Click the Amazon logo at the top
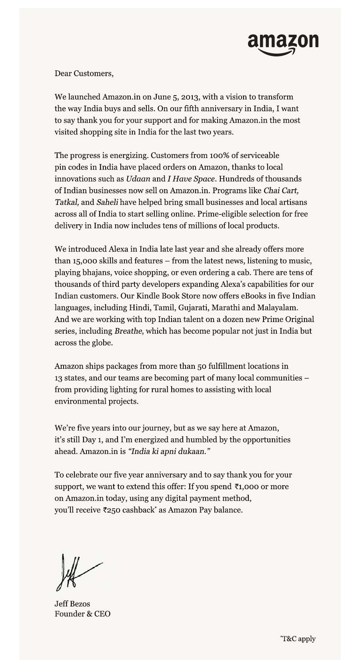point(283,43)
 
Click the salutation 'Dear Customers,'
point(84,74)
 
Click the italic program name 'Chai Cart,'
point(281,190)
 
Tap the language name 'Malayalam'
point(278,308)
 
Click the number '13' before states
point(59,378)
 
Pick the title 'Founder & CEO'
point(82,614)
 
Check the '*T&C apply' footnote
point(298,638)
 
